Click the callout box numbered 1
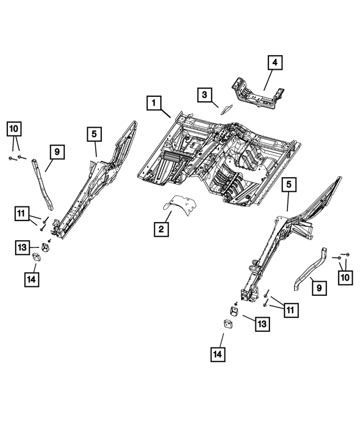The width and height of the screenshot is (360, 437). click(154, 103)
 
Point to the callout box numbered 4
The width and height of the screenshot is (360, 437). click(274, 63)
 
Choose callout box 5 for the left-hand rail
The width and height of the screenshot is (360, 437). click(94, 134)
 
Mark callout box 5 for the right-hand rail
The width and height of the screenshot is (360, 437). click(289, 184)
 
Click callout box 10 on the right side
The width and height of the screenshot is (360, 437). click(344, 276)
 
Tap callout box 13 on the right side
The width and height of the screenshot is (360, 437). click(263, 324)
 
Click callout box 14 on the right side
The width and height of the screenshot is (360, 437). click(218, 354)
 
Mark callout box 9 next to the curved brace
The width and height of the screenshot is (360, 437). click(318, 288)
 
